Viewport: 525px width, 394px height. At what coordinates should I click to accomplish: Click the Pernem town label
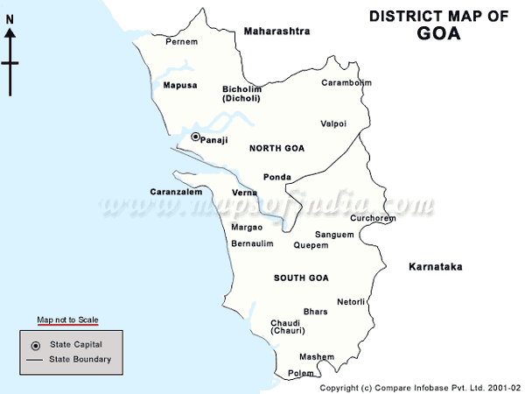(x=181, y=41)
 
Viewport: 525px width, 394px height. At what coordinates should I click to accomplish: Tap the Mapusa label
(x=180, y=85)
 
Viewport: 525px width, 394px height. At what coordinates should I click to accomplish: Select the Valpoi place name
(x=333, y=123)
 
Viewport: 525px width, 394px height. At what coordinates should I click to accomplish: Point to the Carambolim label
(x=346, y=82)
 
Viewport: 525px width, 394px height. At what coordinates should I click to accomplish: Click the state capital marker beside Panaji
(x=195, y=137)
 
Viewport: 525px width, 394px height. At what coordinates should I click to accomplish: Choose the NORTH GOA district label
(x=276, y=148)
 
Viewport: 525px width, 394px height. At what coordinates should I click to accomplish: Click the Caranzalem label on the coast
(x=176, y=191)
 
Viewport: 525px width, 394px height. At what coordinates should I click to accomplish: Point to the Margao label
(x=247, y=227)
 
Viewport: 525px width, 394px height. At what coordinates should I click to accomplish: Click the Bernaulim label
(x=252, y=243)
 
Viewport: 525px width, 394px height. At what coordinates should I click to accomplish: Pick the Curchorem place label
(x=373, y=218)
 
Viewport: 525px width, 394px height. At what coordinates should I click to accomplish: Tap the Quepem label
(x=311, y=245)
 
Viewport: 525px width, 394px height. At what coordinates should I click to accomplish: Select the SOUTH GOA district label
(x=300, y=278)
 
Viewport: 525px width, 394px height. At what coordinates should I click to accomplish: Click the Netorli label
(x=351, y=301)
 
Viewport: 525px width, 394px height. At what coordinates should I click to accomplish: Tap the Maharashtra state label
(x=276, y=31)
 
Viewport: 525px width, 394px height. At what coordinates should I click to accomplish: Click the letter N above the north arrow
(x=10, y=32)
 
